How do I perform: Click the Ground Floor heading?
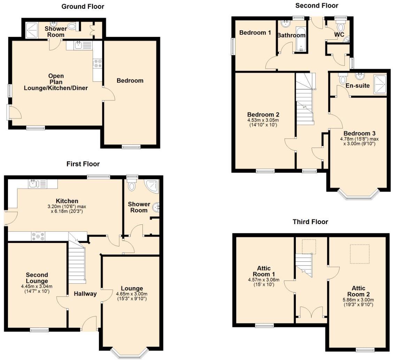[83, 6]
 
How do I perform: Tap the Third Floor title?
[310, 222]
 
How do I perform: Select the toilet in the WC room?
[340, 27]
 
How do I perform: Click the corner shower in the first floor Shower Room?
[153, 186]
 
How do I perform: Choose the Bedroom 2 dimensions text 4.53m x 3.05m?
[263, 120]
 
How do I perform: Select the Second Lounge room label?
[37, 278]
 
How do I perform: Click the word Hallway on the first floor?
[85, 294]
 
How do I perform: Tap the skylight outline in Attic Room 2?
[359, 254]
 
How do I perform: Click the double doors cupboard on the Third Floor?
[310, 312]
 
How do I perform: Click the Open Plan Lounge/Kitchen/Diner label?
[56, 82]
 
